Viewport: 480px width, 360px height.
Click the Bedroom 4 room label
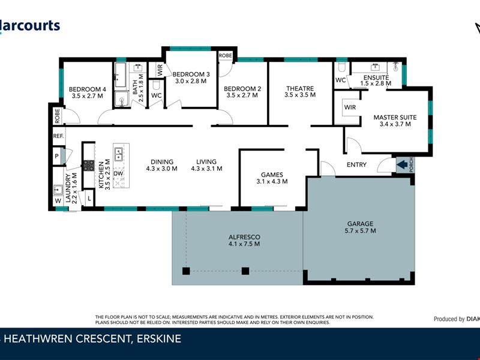[x=88, y=92]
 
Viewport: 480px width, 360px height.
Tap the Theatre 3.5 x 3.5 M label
[x=299, y=92]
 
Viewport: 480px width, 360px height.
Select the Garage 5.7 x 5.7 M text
[x=361, y=226]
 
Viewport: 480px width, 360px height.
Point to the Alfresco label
[x=244, y=240]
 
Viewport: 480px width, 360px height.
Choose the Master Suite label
[x=395, y=121]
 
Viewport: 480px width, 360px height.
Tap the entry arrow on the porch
[x=400, y=163]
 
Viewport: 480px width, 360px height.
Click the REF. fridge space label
[x=58, y=136]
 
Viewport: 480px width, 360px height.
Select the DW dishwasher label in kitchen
[x=118, y=173]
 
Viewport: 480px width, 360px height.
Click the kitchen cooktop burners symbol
[x=88, y=166]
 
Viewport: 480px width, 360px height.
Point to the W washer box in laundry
[x=58, y=201]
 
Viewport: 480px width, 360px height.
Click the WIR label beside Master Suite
[x=349, y=107]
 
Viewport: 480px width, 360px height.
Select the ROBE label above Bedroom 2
[x=226, y=55]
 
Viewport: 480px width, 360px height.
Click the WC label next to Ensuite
[x=340, y=80]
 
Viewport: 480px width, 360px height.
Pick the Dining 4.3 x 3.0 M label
[x=162, y=165]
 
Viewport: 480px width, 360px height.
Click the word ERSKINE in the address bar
[x=157, y=340]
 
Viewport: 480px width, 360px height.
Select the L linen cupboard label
[x=89, y=197]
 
